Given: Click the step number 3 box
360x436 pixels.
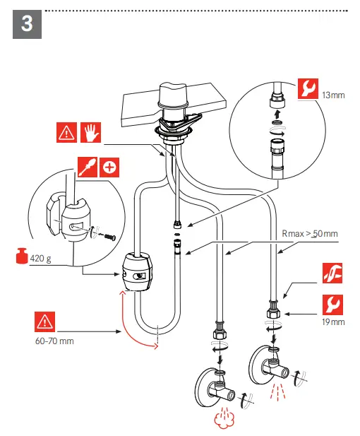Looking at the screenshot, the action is [x=27, y=24].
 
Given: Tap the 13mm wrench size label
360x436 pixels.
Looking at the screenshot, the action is [x=333, y=95].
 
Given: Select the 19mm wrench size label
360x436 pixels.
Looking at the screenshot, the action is [x=333, y=322].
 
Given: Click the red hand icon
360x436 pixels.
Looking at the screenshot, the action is [x=90, y=132].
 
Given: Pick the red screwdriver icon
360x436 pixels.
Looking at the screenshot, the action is [x=88, y=167].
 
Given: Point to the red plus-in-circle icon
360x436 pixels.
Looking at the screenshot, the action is [x=109, y=167].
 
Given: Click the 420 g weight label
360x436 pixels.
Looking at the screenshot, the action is [x=40, y=259].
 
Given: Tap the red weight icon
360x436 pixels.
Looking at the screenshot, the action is [x=22, y=255].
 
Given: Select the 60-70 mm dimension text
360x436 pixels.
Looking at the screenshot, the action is [x=54, y=341].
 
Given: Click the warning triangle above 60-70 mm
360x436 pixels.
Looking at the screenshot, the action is [x=44, y=322].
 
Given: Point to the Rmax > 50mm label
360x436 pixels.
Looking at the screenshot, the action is [x=310, y=234].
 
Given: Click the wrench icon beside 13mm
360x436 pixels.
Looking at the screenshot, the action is [x=308, y=89].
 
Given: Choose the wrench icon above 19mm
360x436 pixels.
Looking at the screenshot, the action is [x=332, y=305].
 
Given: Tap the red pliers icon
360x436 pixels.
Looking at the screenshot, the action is [x=332, y=273].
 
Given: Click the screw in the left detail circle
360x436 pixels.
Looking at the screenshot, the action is [x=110, y=237].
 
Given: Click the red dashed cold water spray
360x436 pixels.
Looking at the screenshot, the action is [x=277, y=391].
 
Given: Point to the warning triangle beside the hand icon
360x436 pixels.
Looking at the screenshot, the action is [x=66, y=132].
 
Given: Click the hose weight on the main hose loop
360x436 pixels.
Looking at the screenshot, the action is [x=137, y=271].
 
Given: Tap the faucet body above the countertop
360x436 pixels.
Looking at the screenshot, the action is [x=173, y=95].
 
